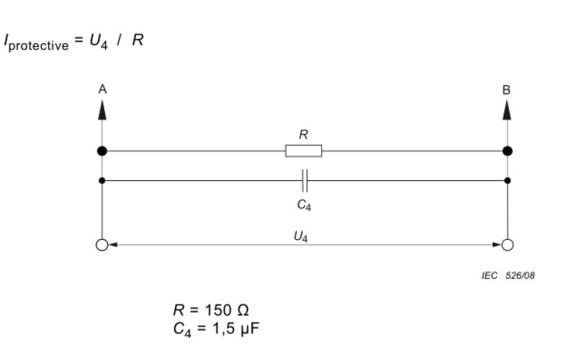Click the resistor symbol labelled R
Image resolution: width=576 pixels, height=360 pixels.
pos(303,151)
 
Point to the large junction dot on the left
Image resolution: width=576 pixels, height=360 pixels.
pos(102,151)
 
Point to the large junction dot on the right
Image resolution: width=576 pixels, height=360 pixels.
pos(507,151)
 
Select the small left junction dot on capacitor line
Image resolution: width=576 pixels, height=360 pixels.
pos(102,180)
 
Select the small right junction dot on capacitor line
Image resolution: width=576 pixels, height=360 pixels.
pos(508,180)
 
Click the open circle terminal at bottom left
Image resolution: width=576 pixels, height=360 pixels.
pos(102,245)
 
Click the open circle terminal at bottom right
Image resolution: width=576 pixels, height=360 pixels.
pos(508,245)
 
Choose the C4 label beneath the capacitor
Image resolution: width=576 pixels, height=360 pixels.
pos(305,204)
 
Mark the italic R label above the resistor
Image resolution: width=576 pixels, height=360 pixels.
pos(303,134)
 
